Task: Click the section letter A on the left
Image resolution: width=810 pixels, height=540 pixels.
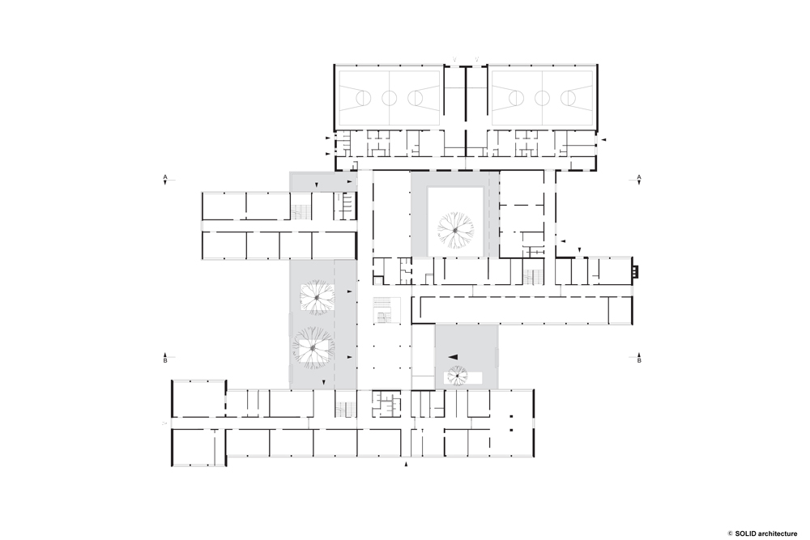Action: click(x=165, y=176)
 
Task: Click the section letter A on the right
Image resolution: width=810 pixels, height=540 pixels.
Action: click(x=639, y=176)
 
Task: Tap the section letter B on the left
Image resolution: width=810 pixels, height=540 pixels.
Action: click(x=165, y=361)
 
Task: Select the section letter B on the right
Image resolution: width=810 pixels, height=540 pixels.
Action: click(x=639, y=361)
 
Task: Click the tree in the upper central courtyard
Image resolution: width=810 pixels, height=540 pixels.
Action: click(x=455, y=230)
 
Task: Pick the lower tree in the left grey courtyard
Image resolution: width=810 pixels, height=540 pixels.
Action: click(x=312, y=348)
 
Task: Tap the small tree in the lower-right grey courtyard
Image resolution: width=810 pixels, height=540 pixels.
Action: click(x=458, y=376)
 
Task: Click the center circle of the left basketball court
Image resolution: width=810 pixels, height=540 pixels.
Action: click(x=389, y=97)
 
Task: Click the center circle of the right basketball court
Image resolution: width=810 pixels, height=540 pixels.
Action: click(x=542, y=97)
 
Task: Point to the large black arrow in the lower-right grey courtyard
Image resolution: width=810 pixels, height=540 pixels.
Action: click(x=453, y=356)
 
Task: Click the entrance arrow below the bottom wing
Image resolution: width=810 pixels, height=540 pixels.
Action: click(x=406, y=465)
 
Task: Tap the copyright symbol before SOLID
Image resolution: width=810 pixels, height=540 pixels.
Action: click(x=731, y=534)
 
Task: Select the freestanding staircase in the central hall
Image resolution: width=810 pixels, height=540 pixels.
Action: click(x=386, y=310)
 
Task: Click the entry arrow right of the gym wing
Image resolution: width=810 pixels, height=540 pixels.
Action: click(x=603, y=139)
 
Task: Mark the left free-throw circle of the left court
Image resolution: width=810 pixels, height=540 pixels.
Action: click(x=364, y=97)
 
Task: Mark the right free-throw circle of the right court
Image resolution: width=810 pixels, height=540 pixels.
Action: click(x=568, y=97)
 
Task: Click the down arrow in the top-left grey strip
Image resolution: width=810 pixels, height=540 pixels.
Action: click(x=317, y=185)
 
